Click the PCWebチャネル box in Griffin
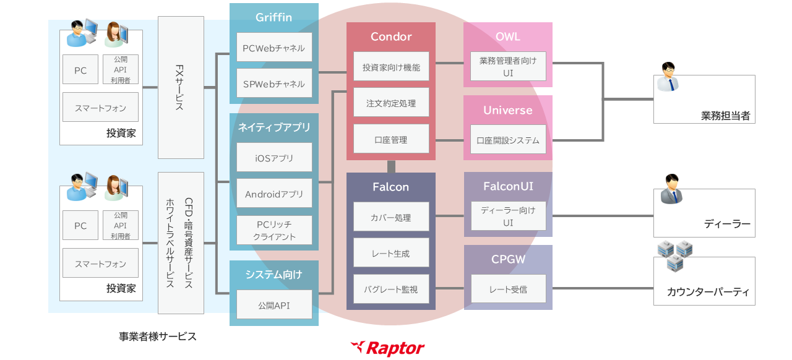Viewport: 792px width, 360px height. (274, 48)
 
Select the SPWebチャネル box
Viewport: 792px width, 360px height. (274, 84)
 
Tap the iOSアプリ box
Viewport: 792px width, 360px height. (274, 158)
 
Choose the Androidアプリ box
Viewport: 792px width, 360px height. (274, 194)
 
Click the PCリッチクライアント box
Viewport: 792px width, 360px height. (274, 230)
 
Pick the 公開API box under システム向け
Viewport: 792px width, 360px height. (274, 304)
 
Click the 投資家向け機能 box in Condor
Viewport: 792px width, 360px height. (391, 67)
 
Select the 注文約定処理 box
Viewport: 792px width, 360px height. (391, 103)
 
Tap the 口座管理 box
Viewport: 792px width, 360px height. (391, 139)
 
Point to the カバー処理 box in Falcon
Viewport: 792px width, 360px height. (391, 217)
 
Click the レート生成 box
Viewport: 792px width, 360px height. (391, 253)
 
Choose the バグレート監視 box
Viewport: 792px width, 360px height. (391, 289)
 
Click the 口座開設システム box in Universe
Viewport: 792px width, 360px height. (508, 140)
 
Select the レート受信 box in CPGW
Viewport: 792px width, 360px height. (508, 289)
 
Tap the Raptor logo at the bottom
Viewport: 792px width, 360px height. (388, 348)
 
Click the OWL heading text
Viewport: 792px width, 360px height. (508, 36)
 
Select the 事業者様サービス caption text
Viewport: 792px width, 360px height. (158, 336)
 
